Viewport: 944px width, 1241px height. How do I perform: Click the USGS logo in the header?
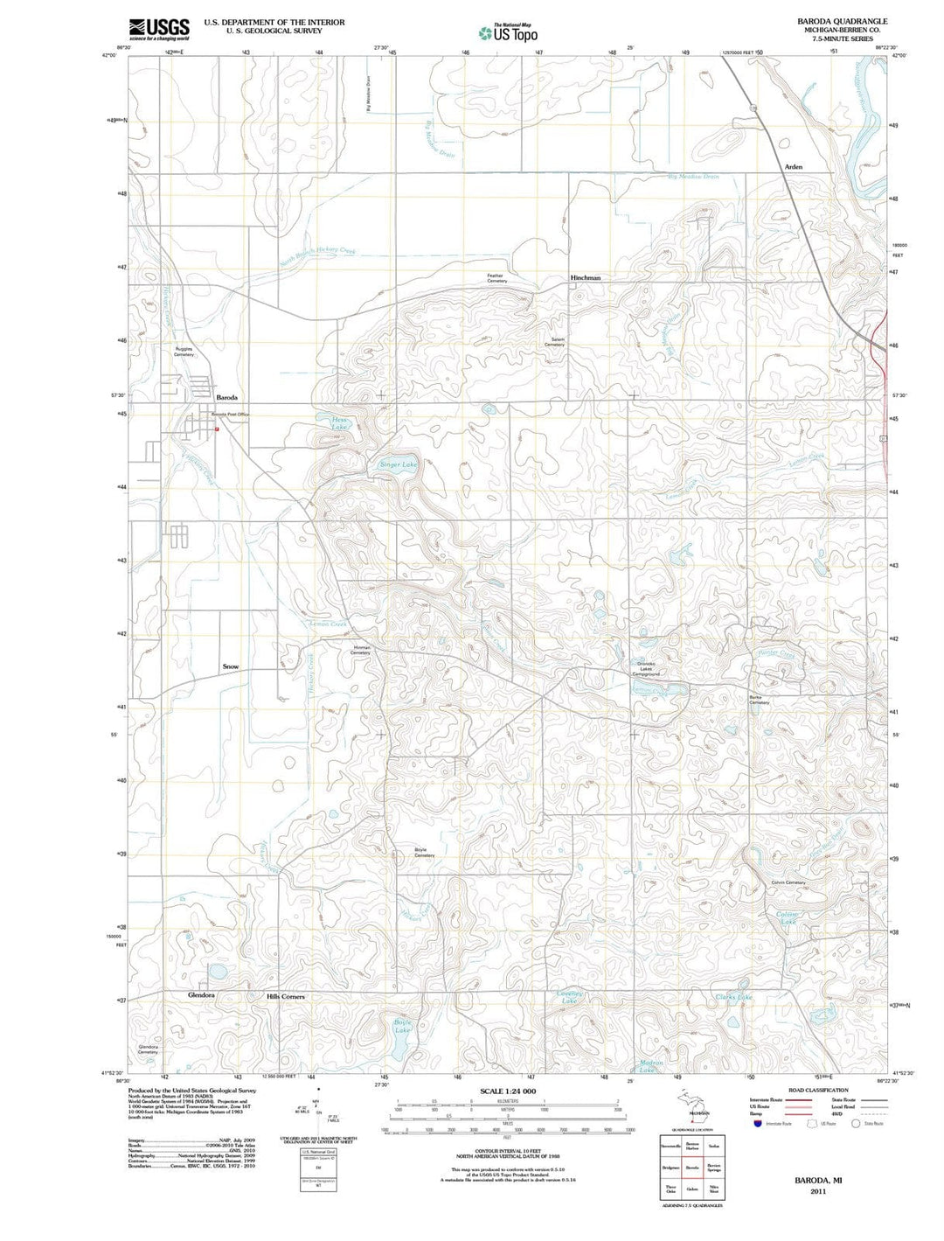[x=158, y=30]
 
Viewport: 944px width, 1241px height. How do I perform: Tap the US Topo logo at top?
[x=508, y=33]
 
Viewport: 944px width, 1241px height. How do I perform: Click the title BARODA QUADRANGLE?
[x=829, y=21]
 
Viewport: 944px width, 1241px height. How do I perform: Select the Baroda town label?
[x=226, y=397]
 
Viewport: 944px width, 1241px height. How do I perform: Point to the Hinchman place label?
[x=585, y=277]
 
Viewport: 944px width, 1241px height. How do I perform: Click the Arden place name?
[x=793, y=166]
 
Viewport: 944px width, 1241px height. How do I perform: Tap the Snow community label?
[x=230, y=666]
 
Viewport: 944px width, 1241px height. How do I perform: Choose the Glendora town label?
[x=201, y=995]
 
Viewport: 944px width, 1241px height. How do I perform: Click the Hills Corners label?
[x=286, y=996]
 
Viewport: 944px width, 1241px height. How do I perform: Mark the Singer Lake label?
[x=398, y=464]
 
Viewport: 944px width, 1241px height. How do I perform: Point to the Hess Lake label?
[x=339, y=423]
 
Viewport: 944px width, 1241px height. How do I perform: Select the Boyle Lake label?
[x=402, y=1026]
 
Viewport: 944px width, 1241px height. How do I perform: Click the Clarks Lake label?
[x=733, y=997]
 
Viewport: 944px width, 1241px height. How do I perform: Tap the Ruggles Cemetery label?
[x=184, y=352]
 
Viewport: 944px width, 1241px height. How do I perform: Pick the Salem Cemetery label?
[x=554, y=342]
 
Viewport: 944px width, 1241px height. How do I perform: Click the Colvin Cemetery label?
[x=788, y=882]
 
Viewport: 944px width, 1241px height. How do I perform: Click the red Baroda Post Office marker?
[x=217, y=429]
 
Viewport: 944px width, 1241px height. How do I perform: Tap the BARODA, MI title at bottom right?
[x=817, y=1181]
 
